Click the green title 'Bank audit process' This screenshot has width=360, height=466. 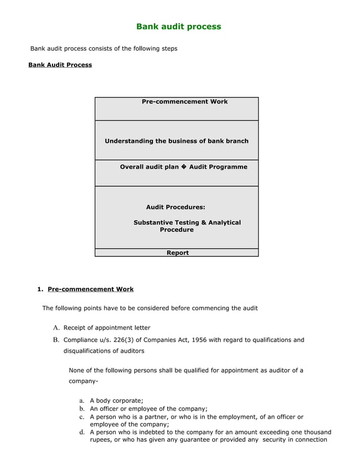pyautogui.click(x=178, y=27)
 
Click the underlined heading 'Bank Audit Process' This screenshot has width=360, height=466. pyautogui.click(x=60, y=65)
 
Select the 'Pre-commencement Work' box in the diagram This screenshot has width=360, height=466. pyautogui.click(x=177, y=108)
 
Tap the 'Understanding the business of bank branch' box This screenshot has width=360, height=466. pyautogui.click(x=177, y=140)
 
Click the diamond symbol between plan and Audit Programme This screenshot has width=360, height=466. pyautogui.click(x=184, y=167)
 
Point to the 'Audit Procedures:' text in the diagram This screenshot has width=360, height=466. pyautogui.click(x=175, y=207)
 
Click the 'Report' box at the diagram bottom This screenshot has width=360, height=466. pyautogui.click(x=177, y=253)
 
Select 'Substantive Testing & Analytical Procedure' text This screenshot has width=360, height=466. pyautogui.click(x=187, y=226)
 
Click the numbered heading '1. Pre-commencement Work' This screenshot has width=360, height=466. pyautogui.click(x=85, y=289)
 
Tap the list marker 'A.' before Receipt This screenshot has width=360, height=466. pyautogui.click(x=56, y=328)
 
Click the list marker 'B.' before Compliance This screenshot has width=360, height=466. pyautogui.click(x=56, y=340)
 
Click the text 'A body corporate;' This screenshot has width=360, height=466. pyautogui.click(x=116, y=401)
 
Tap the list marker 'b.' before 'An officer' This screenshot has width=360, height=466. pyautogui.click(x=82, y=409)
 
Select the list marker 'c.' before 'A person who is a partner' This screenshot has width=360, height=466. pyautogui.click(x=82, y=417)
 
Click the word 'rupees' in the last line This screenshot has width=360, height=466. pyautogui.click(x=102, y=440)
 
